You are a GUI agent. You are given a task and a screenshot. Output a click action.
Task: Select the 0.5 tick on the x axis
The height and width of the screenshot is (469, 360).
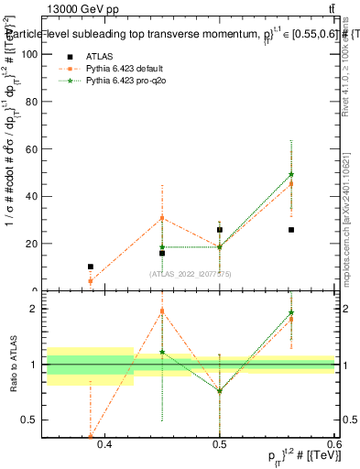[x=220, y=444]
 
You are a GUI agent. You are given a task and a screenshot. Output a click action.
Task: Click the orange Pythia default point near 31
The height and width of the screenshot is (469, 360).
[x=162, y=218]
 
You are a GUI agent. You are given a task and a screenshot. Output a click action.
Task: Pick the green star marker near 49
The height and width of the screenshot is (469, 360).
[x=291, y=174]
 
